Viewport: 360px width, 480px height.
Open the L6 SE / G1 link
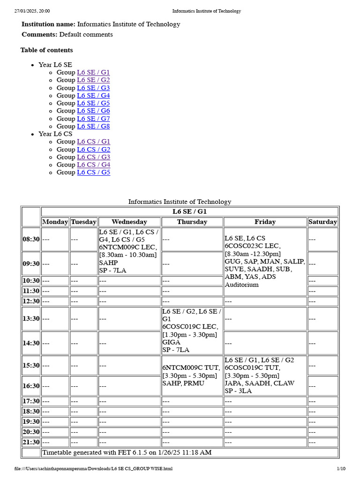(x=93, y=73)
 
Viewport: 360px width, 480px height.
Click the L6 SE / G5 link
(x=93, y=103)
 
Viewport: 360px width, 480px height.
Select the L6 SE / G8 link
(x=93, y=126)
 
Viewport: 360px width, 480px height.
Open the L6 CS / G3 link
(x=93, y=157)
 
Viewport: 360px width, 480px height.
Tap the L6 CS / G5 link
(x=93, y=172)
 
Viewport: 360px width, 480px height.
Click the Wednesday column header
(x=129, y=222)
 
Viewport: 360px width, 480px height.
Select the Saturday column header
(x=322, y=222)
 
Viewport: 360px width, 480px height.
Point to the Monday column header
(x=55, y=222)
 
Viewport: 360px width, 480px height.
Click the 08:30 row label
(x=31, y=239)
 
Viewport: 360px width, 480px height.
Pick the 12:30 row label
(x=31, y=301)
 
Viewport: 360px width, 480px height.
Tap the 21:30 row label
(x=31, y=442)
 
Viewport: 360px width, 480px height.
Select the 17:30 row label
(x=31, y=401)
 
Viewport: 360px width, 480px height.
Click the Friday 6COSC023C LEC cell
(x=265, y=261)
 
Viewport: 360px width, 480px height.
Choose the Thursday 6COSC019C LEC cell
(x=192, y=330)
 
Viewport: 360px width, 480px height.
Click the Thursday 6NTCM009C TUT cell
(x=192, y=375)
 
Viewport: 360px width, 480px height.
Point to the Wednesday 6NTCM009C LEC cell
(x=129, y=251)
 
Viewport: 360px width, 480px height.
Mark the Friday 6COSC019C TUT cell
(x=265, y=375)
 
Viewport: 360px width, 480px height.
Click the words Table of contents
(x=46, y=50)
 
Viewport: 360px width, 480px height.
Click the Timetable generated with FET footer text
(x=127, y=453)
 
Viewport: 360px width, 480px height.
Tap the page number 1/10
(x=341, y=469)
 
